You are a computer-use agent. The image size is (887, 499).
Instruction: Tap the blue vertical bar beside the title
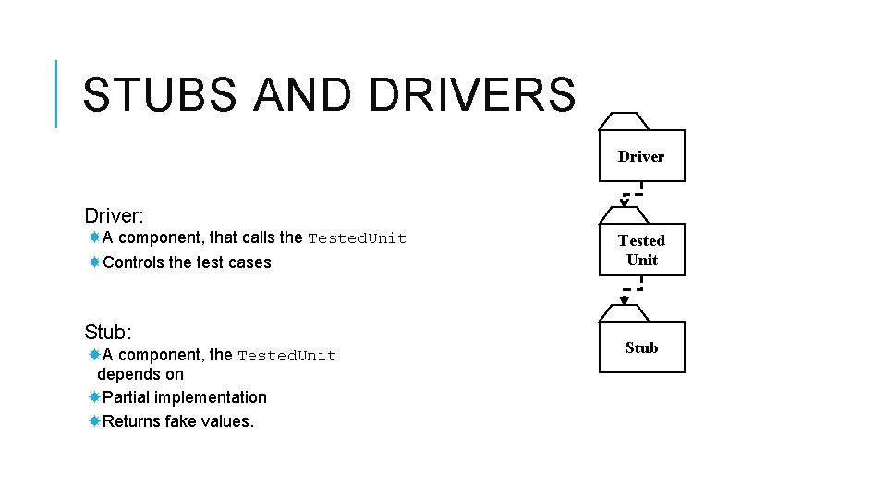tap(56, 92)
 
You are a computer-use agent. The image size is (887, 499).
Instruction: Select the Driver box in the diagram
tap(641, 156)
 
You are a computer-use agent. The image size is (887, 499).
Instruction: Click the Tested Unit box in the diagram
tap(641, 249)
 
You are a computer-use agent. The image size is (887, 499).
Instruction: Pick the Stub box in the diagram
tap(641, 347)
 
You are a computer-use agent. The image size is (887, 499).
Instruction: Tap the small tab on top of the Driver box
tap(625, 122)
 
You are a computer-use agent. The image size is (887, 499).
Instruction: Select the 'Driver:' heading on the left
tap(114, 216)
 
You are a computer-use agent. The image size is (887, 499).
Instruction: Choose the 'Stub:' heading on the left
tap(108, 332)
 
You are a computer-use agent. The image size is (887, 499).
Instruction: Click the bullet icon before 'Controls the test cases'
tap(94, 262)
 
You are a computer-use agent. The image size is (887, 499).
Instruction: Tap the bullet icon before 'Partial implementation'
tap(94, 397)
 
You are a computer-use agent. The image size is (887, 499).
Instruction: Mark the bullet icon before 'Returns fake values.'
tap(94, 421)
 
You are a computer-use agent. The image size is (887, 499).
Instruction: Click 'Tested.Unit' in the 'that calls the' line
tap(357, 238)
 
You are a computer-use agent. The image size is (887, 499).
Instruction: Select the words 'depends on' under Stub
tap(140, 374)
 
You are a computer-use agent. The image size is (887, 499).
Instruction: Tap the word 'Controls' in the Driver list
tap(134, 262)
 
